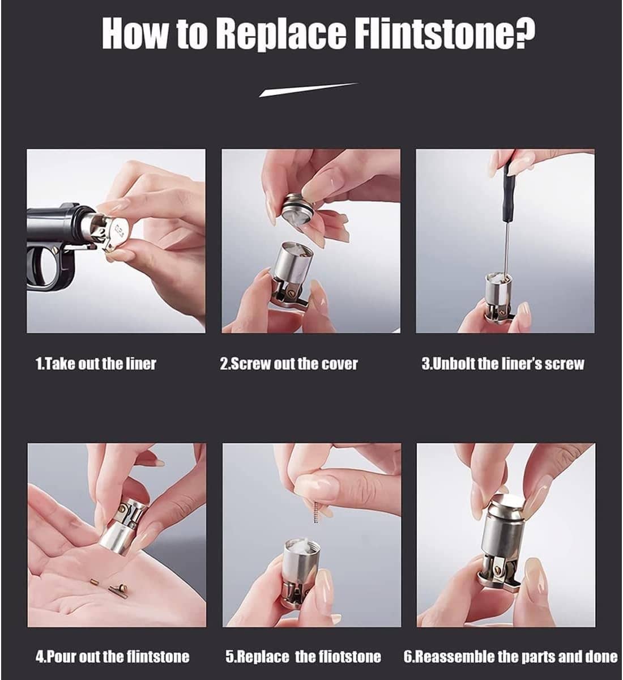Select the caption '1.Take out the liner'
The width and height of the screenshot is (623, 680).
[96, 363]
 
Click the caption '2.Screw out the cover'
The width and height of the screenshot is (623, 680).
[289, 363]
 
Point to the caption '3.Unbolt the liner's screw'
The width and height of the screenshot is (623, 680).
[502, 363]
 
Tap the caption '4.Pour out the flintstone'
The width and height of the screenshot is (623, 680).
[113, 657]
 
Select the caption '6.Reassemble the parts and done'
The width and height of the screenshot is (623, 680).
[510, 657]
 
